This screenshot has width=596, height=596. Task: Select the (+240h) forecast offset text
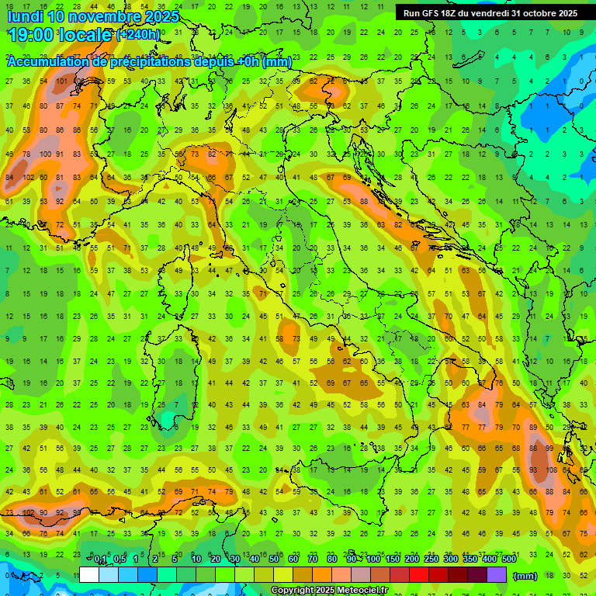point(139,35)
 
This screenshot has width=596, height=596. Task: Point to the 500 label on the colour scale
point(508,560)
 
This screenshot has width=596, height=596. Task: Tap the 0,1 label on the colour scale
point(100,560)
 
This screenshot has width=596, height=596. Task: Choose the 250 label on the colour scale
point(431,560)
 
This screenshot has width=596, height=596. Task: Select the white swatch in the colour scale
point(89,574)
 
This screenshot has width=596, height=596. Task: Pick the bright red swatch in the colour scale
point(419,574)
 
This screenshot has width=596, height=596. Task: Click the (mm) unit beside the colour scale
point(525,575)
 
